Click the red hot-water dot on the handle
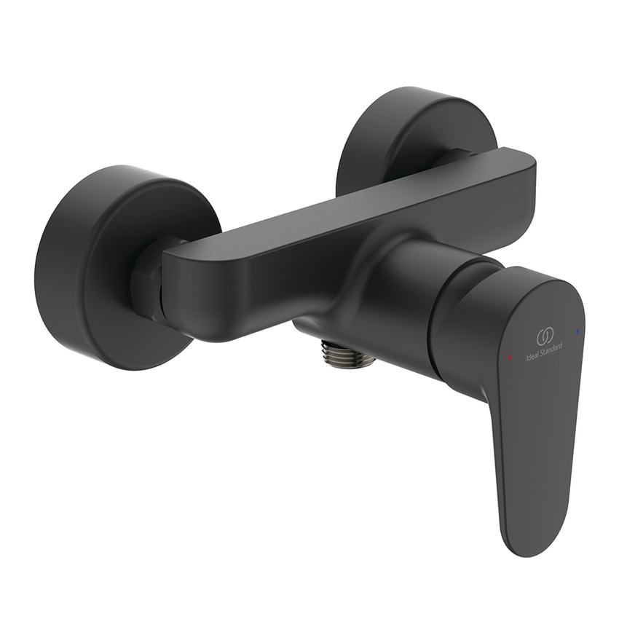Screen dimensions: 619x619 509,357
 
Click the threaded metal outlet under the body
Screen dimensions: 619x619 347,355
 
